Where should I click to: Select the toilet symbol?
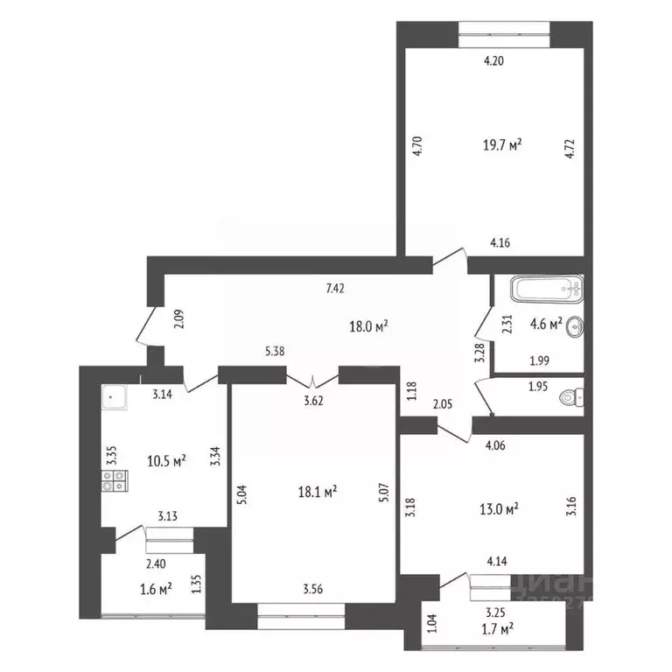(x=573, y=397)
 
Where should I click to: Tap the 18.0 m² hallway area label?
(x=369, y=326)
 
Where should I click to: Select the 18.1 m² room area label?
(x=318, y=492)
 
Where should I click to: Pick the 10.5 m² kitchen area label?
(x=166, y=460)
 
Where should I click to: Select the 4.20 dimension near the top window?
(x=497, y=61)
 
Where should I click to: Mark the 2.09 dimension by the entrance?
(x=178, y=320)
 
